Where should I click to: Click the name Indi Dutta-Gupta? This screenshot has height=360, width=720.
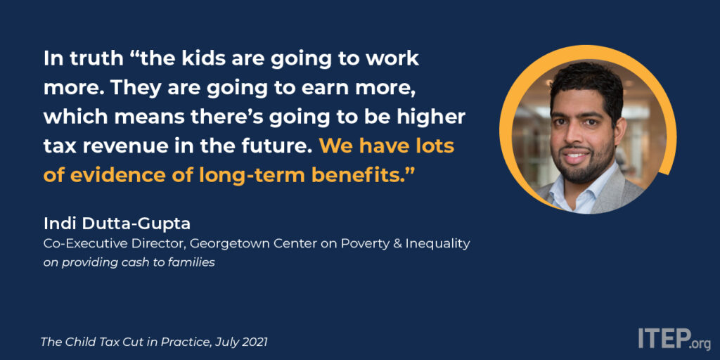(x=117, y=224)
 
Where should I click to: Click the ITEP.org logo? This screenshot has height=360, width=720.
(x=674, y=338)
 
